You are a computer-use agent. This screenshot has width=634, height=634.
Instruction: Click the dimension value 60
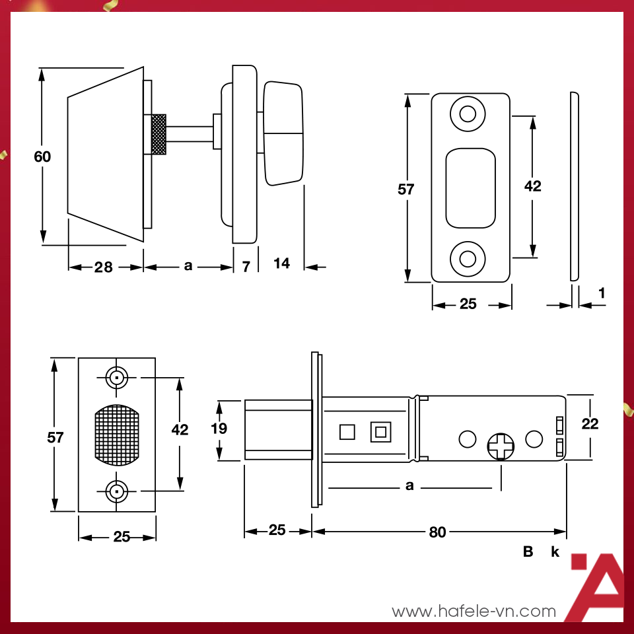click(x=42, y=157)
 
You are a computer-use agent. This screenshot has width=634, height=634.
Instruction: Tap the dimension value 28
click(x=103, y=267)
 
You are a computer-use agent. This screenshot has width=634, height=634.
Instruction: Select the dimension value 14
click(x=281, y=264)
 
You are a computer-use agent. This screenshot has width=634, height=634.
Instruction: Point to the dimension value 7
click(x=246, y=267)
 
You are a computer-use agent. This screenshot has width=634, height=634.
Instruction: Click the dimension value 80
click(x=437, y=532)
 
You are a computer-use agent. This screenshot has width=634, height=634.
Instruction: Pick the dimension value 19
click(x=219, y=429)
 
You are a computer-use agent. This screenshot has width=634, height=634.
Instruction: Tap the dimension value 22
click(x=590, y=424)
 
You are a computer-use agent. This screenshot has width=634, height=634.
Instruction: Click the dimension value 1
click(x=602, y=292)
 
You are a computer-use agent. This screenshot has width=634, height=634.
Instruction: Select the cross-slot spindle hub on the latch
click(x=501, y=446)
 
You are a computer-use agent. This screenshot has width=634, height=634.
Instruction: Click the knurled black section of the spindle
click(x=158, y=135)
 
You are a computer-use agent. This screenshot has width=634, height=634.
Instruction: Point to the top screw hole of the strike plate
click(x=468, y=114)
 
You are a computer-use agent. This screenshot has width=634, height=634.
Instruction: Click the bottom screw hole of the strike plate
click(x=468, y=257)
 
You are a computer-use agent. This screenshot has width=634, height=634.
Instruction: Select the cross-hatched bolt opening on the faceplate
click(x=117, y=435)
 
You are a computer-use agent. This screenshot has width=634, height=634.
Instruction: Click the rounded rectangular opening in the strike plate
click(x=470, y=188)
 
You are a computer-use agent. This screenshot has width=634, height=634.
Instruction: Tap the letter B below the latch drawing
click(x=528, y=552)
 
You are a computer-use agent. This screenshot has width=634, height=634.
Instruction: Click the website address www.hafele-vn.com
click(x=474, y=612)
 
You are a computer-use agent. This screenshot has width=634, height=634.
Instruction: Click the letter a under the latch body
click(x=409, y=486)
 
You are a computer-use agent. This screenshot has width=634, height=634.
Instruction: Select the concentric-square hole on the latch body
click(x=380, y=432)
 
